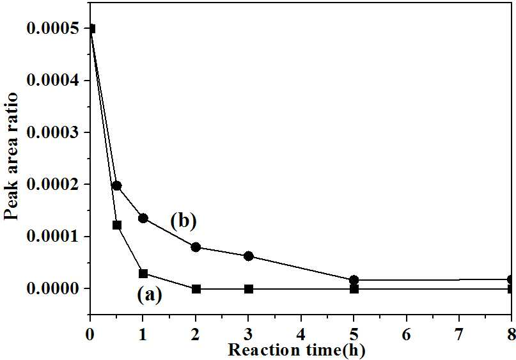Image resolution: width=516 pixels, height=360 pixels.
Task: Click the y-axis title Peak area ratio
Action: pos(10,156)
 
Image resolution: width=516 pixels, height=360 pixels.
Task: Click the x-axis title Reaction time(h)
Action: pos(297,350)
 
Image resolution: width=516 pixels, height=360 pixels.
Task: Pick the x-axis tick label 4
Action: pos(301,334)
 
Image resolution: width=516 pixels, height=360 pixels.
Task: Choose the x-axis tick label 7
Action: pos(459,334)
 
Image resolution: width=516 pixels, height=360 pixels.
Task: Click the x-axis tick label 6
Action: pos(407,334)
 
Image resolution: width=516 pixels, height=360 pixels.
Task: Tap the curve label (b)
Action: pos(184,221)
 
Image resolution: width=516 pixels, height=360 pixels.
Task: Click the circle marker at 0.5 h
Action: pos(116,186)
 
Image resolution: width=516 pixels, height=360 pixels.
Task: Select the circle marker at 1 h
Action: pos(143,218)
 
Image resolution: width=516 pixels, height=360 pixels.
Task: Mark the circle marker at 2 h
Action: pos(196,247)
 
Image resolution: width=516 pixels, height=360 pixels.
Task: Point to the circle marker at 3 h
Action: pos(249,256)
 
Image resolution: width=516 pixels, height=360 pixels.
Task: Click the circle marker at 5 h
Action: pos(354,280)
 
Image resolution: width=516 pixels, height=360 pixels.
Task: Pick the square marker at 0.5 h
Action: pos(117,225)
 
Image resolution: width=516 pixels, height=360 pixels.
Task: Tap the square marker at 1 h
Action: pos(143,274)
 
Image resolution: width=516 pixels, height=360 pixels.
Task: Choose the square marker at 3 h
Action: pos(249,289)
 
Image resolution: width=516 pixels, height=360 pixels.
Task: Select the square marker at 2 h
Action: pos(196,289)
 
